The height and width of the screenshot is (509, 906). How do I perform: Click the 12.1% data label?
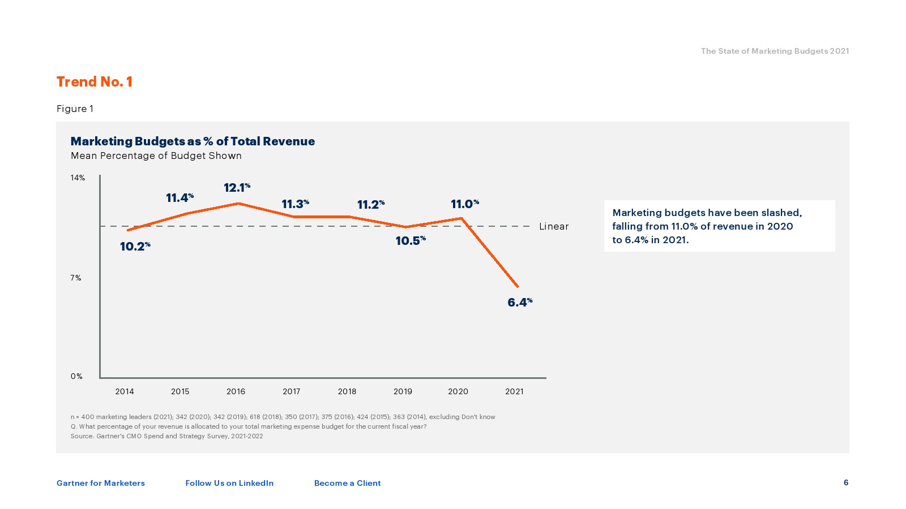point(237,188)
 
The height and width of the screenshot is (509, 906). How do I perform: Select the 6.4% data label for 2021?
point(520,303)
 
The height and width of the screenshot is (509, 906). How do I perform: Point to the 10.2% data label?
point(135,247)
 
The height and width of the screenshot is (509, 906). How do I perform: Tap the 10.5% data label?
point(411,241)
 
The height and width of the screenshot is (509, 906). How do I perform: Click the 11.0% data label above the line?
point(465,204)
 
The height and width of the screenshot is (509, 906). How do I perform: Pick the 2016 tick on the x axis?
point(236,391)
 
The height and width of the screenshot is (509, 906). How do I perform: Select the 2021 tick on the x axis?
point(514,391)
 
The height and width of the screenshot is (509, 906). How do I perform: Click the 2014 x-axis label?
point(125,391)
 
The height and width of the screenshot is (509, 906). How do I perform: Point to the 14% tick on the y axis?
point(78,178)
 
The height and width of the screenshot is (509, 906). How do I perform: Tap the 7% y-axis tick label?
point(76,278)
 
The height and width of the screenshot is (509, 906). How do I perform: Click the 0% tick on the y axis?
point(76,376)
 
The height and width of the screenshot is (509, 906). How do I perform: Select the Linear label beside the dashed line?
point(554,226)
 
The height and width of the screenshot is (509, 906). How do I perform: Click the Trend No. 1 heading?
point(95,82)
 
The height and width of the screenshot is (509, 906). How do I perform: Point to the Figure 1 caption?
point(75,109)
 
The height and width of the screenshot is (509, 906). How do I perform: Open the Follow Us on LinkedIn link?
point(229,483)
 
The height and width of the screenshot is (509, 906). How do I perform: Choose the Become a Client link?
point(348,483)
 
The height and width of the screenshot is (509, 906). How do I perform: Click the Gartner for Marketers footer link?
point(101,483)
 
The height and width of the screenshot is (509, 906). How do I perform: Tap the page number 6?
point(846,482)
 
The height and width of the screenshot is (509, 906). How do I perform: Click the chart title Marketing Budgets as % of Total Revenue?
point(193,141)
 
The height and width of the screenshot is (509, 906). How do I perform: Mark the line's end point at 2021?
point(518,286)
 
